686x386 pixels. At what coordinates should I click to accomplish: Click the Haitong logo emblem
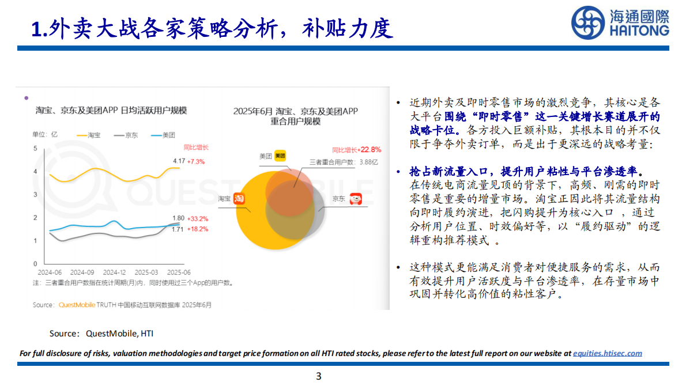(x=587, y=23)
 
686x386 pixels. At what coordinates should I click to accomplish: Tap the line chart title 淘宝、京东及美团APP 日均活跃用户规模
(x=111, y=110)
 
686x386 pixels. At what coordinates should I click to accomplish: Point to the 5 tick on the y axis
(x=35, y=149)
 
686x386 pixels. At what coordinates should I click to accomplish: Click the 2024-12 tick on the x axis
(x=114, y=272)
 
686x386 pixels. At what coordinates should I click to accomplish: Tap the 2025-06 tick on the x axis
(x=179, y=272)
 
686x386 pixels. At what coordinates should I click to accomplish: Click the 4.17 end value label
(x=179, y=161)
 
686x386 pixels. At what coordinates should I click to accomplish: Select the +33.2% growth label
(x=197, y=219)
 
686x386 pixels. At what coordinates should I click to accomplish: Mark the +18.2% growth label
(x=197, y=229)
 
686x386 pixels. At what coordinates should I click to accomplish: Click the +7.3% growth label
(x=196, y=161)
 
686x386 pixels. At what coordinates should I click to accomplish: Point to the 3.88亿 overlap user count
(x=367, y=162)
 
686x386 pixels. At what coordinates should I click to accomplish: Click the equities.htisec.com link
(x=608, y=353)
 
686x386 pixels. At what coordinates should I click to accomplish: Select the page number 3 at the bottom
(x=318, y=377)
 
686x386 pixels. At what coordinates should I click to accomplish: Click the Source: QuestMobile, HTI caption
(x=101, y=333)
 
